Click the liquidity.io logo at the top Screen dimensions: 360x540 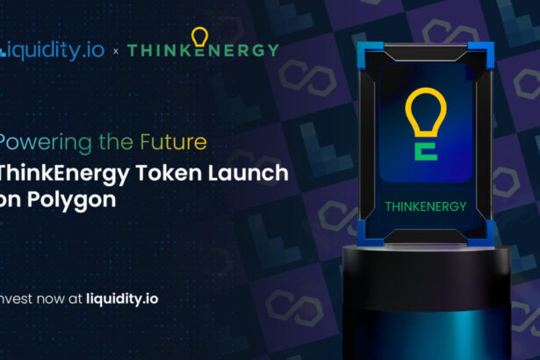[53, 49]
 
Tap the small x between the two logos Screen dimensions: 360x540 [116, 50]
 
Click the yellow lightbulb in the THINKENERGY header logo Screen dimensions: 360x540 [200, 39]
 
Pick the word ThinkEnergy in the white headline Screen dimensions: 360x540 [61, 173]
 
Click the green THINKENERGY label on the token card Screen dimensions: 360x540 [422, 207]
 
